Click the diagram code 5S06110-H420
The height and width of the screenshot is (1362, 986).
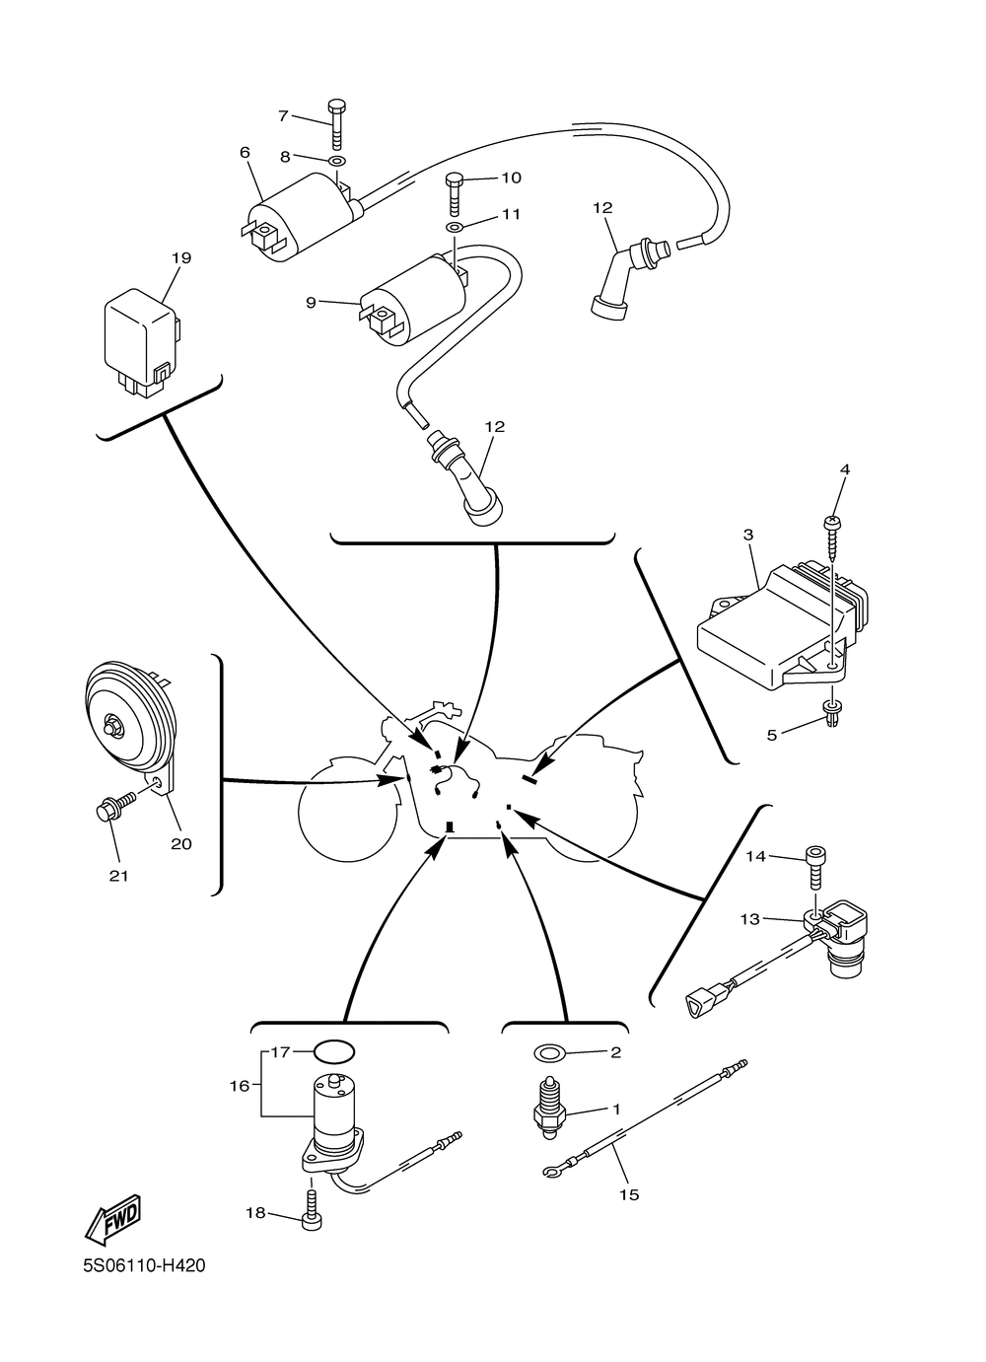pos(144,1265)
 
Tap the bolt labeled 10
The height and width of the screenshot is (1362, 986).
pos(455,192)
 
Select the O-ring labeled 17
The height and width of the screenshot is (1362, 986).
pos(333,1051)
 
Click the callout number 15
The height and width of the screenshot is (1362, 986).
pos(629,1194)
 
